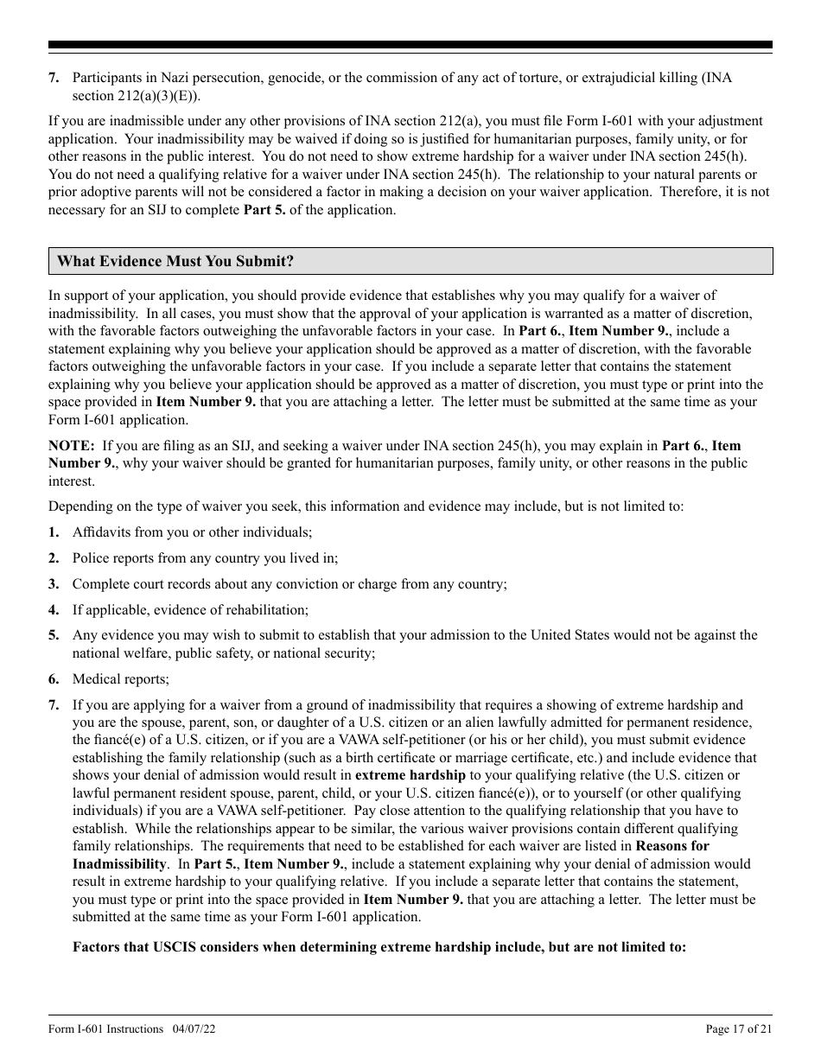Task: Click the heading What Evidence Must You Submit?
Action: click(175, 261)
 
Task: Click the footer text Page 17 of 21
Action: click(739, 1028)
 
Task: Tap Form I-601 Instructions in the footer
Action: click(105, 1028)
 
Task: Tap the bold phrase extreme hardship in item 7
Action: click(410, 775)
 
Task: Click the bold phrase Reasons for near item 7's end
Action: click(671, 846)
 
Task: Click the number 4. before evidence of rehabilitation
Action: click(54, 610)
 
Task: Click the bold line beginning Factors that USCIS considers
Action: click(379, 947)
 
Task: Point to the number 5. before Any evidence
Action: click(54, 635)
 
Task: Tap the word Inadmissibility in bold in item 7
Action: click(118, 864)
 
